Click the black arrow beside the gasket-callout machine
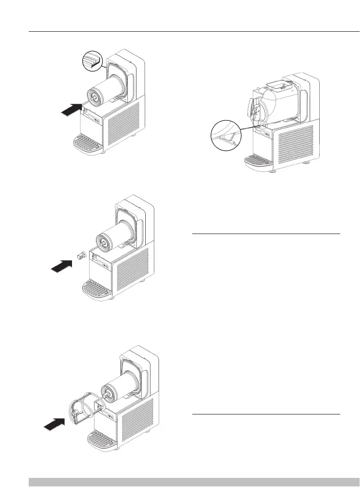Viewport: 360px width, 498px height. pyautogui.click(x=71, y=110)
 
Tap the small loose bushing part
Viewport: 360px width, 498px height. pyautogui.click(x=79, y=256)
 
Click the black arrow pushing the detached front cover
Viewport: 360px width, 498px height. pyautogui.click(x=54, y=424)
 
